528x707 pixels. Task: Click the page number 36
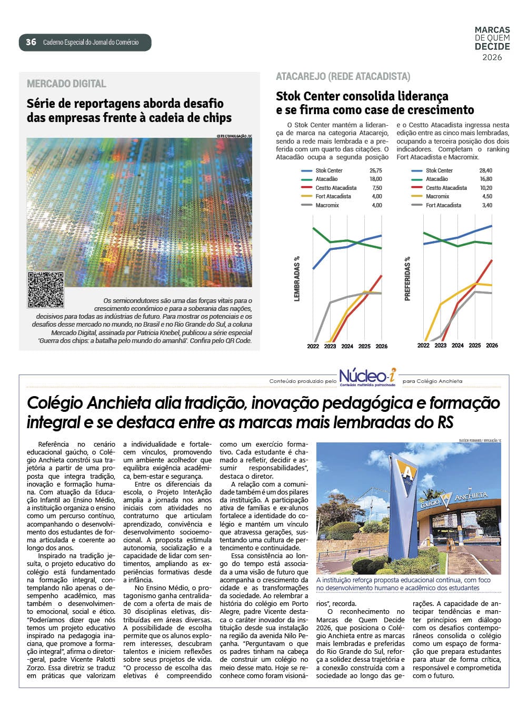[x=31, y=42]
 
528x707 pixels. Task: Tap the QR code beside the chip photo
[x=46, y=290]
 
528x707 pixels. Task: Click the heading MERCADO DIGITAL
[x=66, y=84]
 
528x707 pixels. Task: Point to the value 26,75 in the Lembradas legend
[x=375, y=170]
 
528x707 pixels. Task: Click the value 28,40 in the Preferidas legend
[x=485, y=170]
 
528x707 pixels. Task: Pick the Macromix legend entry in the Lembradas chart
[x=327, y=205]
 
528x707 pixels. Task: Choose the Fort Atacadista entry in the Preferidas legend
[x=443, y=205]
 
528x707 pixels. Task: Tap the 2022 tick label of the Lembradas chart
[x=313, y=346]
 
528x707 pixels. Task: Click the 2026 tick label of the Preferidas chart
[x=492, y=346]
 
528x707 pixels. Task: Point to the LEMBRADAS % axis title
[x=297, y=279]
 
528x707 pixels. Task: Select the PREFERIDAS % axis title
[x=407, y=279]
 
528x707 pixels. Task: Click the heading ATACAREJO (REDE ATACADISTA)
[x=343, y=77]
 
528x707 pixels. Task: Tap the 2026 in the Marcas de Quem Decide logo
[x=492, y=57]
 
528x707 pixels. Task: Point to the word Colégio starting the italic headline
[x=55, y=403]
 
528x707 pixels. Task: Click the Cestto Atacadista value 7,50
[x=376, y=188]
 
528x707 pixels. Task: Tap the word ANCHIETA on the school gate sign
[x=471, y=496]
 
